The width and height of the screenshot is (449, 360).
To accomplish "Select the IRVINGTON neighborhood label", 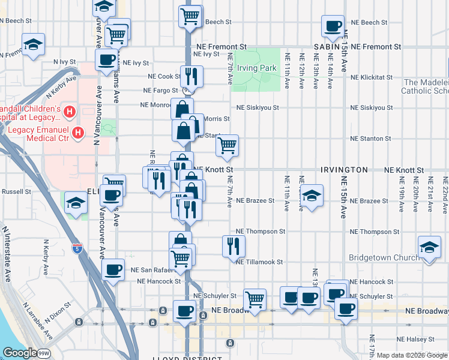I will point(344,170).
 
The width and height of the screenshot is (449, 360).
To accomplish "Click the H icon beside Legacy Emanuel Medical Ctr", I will point(77,131).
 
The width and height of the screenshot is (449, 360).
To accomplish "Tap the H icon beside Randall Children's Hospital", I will point(70,111).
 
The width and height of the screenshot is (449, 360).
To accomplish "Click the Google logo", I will point(19,353).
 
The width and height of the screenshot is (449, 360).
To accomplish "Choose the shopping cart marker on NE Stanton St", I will point(227,146).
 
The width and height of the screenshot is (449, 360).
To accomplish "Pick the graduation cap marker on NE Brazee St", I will point(310,196).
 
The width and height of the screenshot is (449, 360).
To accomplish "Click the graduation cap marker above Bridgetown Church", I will point(429,248).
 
